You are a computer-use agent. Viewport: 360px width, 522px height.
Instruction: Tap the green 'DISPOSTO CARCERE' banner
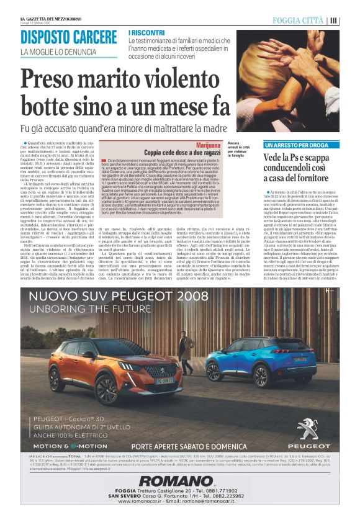[x=68, y=37]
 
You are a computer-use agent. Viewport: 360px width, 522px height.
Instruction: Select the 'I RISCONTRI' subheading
[x=147, y=32]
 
